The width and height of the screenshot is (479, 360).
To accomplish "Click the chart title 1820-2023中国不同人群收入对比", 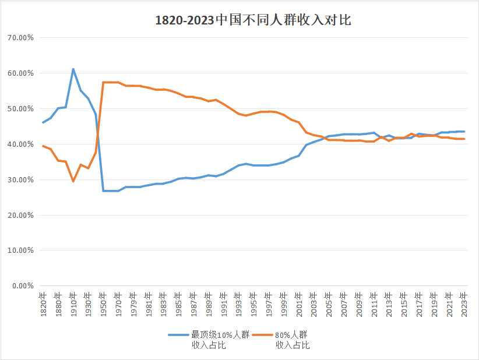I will tap(253, 20).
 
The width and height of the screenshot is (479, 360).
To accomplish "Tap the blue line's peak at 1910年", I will tap(73, 69).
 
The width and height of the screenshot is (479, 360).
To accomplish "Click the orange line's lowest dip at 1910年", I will tap(73, 181).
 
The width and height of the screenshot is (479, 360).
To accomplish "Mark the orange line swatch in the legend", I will tap(262, 335).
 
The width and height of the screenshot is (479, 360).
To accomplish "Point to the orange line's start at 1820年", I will tap(44, 146).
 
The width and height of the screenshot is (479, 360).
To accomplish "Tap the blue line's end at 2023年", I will tap(464, 132).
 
